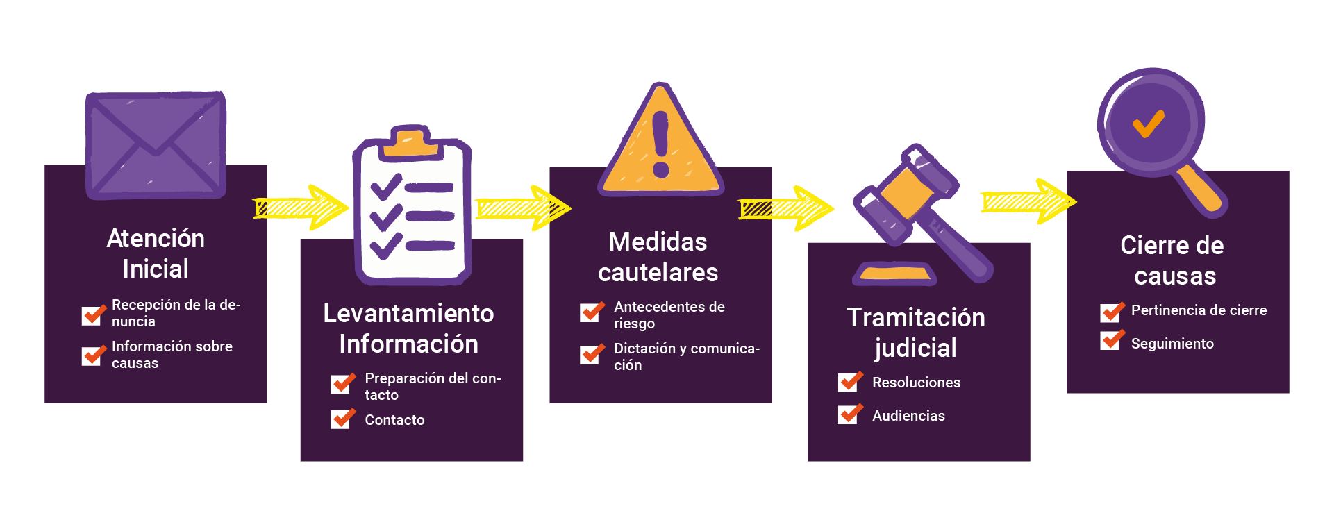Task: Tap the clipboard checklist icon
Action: (x=412, y=208)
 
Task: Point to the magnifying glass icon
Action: (x=1156, y=132)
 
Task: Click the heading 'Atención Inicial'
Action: (x=156, y=253)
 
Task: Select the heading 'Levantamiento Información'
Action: (x=408, y=328)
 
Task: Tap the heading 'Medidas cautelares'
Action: (x=658, y=257)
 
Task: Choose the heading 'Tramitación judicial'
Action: (x=916, y=333)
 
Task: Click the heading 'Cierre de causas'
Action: (x=1173, y=260)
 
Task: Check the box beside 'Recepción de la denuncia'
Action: (x=92, y=314)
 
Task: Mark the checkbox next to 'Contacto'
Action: (x=342, y=419)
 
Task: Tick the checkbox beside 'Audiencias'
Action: (x=849, y=414)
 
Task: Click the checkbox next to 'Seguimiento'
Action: (x=1111, y=340)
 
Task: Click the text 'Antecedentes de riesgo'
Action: (x=669, y=314)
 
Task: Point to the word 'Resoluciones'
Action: (x=916, y=383)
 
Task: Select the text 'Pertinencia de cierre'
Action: (x=1199, y=310)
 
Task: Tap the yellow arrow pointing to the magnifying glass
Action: (x=1028, y=201)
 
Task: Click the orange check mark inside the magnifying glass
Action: (x=1149, y=125)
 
